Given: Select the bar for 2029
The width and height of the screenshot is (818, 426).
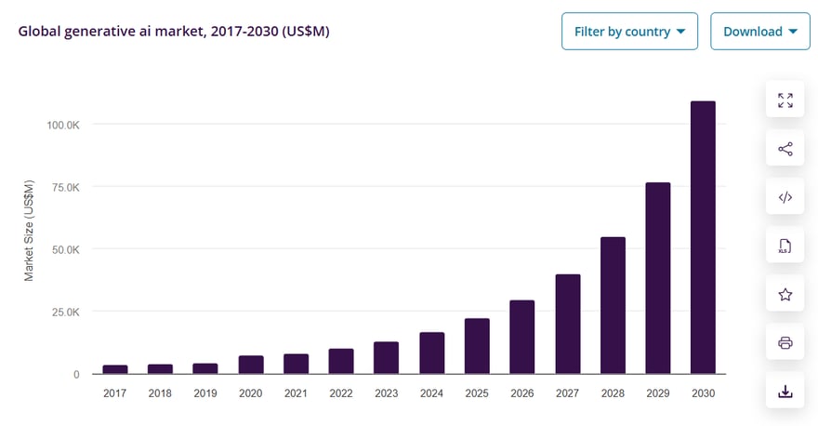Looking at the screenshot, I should (657, 278).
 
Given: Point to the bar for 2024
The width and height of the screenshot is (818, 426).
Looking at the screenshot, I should (431, 353).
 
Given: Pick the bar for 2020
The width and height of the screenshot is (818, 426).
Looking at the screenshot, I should (250, 365).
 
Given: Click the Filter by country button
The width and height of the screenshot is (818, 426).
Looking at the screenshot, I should (629, 32).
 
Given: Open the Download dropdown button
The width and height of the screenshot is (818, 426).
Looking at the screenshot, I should (759, 32).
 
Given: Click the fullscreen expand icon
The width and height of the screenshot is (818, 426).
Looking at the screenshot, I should (785, 100).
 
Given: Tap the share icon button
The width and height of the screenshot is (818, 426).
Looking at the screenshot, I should (785, 149).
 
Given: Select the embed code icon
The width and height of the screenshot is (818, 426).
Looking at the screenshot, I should (785, 197).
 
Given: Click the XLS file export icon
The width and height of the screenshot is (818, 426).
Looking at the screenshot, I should (785, 246).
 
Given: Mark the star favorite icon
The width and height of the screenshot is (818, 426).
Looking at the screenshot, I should (785, 295).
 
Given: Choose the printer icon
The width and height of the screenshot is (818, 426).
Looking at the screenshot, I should (785, 343).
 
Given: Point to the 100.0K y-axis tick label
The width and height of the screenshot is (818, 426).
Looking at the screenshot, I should (62, 125).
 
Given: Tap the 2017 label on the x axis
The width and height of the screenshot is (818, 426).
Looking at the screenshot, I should (114, 393).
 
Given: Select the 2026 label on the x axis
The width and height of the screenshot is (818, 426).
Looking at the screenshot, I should (521, 393).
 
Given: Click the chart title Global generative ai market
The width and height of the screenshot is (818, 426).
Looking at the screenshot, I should (174, 32).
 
